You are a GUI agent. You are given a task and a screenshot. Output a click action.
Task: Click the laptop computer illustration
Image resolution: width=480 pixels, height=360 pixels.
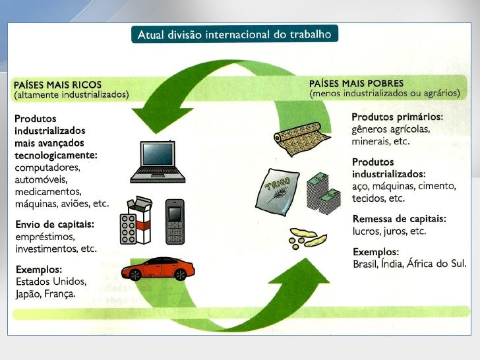(158, 162)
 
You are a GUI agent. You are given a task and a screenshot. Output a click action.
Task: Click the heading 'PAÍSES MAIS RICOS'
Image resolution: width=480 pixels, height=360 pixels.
(57, 84)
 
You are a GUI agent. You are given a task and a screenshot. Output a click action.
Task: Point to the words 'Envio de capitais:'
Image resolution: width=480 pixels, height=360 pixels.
(55, 224)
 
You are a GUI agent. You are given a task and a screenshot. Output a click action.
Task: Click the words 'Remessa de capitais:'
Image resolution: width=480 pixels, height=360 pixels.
(400, 219)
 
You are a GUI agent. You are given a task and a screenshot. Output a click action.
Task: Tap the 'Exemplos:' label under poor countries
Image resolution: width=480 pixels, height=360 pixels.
(376, 252)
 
